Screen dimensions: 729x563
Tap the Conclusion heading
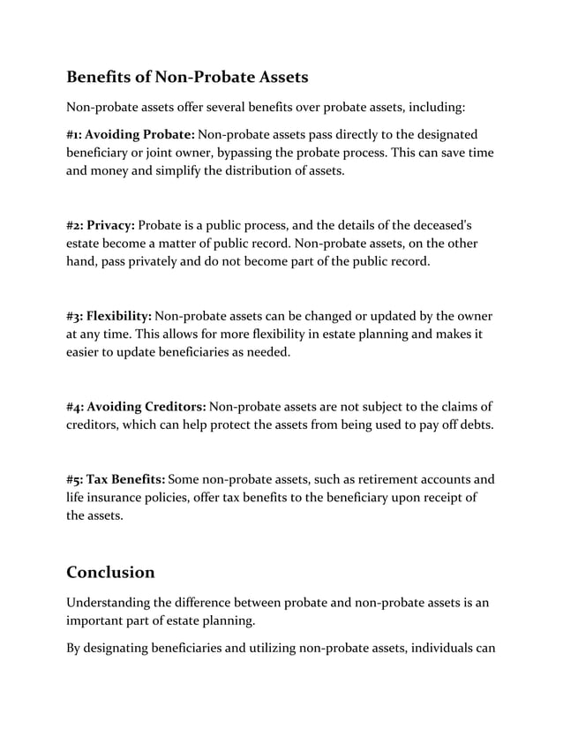pos(110,572)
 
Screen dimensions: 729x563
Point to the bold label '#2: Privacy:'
pos(101,224)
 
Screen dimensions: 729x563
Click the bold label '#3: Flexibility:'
pos(109,315)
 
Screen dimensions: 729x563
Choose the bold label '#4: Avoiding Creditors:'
pos(136,406)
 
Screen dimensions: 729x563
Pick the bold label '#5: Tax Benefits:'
pos(116,479)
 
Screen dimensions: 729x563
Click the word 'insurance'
pos(121,498)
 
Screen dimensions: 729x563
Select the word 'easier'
pos(86,351)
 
